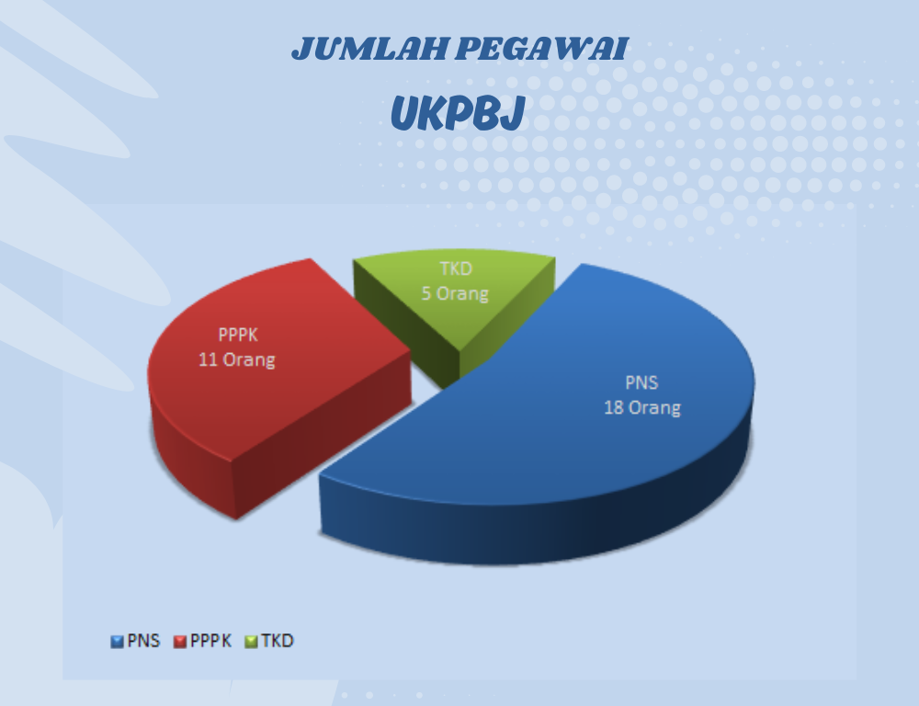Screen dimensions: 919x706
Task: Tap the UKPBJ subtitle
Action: pos(457,112)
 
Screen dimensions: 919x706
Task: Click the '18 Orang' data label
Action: pos(642,407)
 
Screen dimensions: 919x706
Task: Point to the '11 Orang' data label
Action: pos(237,359)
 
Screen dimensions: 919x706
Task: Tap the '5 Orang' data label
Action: pos(456,293)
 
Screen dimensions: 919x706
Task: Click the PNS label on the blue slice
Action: pos(641,383)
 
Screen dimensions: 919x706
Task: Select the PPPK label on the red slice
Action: pos(238,335)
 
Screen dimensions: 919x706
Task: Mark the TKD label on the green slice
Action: pos(456,268)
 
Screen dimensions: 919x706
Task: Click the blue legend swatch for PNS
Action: pos(118,642)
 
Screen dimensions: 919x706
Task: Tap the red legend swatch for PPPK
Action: pos(180,642)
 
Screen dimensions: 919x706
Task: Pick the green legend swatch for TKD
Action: pos(252,642)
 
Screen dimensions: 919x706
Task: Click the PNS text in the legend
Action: pos(143,641)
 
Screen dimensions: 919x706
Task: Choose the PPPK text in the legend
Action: pos(211,641)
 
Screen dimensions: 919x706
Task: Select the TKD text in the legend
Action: pos(278,641)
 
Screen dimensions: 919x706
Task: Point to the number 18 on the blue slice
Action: pos(613,407)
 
